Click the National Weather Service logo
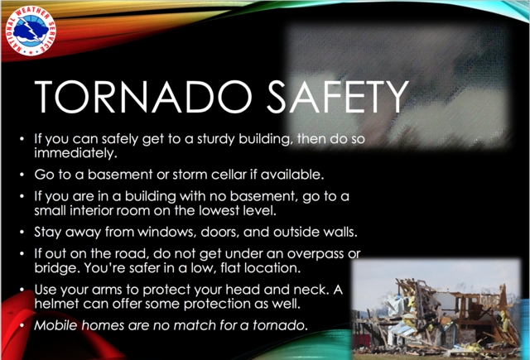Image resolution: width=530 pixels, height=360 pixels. click(31, 31)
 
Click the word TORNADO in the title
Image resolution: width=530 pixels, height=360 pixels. click(143, 97)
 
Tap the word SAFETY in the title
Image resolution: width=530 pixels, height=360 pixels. click(338, 97)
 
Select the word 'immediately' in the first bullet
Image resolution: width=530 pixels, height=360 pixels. click(75, 153)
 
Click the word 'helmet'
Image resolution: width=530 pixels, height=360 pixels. click(56, 304)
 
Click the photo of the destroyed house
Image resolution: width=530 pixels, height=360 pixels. click(436, 309)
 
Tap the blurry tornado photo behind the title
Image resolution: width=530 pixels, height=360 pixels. click(397, 86)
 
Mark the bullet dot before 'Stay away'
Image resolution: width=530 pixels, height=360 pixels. click(22, 232)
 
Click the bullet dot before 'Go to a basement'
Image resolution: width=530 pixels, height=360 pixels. click(22, 175)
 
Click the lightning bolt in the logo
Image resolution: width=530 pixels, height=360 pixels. click(31, 31)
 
